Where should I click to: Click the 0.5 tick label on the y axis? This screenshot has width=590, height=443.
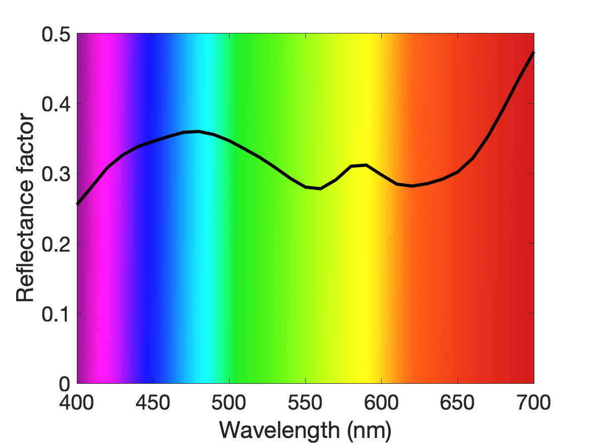point(56,34)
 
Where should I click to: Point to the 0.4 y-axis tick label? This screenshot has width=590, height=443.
point(56,104)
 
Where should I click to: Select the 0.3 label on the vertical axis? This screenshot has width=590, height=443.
point(56,174)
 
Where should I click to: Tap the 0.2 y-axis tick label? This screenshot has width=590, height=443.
point(56,244)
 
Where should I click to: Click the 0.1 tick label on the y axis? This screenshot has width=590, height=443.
point(56,313)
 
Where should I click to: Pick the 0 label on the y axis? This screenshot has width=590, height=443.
point(64,384)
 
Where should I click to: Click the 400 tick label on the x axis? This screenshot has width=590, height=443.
point(77,402)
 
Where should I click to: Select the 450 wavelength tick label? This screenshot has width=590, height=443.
point(153,402)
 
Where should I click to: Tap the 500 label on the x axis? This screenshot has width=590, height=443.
point(229,402)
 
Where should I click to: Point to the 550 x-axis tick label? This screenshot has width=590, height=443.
point(305,402)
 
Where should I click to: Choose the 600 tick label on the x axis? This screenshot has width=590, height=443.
point(381,402)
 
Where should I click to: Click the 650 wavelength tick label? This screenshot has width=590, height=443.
point(457,402)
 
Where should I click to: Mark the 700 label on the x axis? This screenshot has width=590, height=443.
point(533,402)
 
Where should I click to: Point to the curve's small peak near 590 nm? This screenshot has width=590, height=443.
point(366,165)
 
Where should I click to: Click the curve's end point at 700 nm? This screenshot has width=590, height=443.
point(533,53)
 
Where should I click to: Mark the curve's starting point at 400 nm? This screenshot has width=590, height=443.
point(77,204)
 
